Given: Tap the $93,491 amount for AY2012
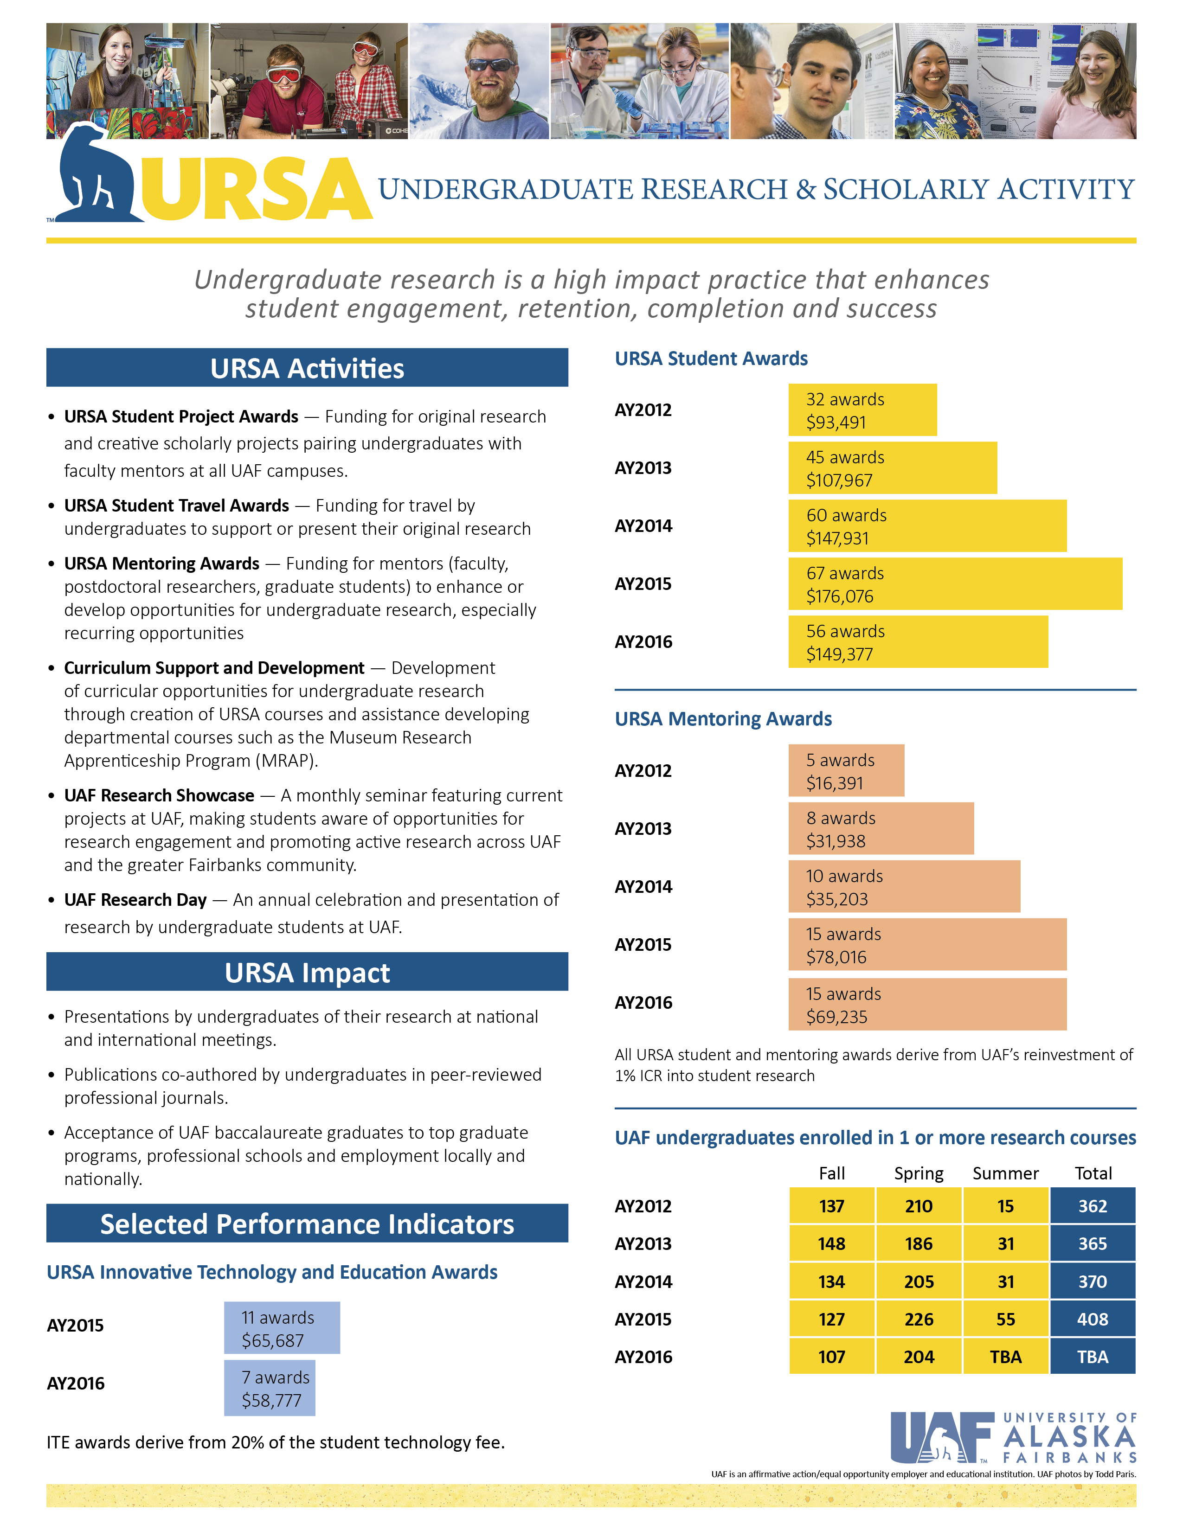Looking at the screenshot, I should pyautogui.click(x=836, y=423).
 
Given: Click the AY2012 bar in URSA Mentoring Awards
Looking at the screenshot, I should pyautogui.click(x=846, y=770).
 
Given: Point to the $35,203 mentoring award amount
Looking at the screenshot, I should pyautogui.click(x=836, y=899).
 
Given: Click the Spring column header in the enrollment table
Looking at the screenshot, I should pyautogui.click(x=918, y=1173).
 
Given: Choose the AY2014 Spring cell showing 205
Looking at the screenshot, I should pyautogui.click(x=918, y=1281).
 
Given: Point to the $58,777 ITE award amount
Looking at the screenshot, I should pyautogui.click(x=271, y=1401).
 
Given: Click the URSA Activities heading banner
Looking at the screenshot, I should pyautogui.click(x=307, y=368).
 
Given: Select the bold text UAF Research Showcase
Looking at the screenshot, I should pyautogui.click(x=159, y=795).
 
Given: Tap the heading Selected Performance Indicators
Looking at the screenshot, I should pyautogui.click(x=307, y=1224).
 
